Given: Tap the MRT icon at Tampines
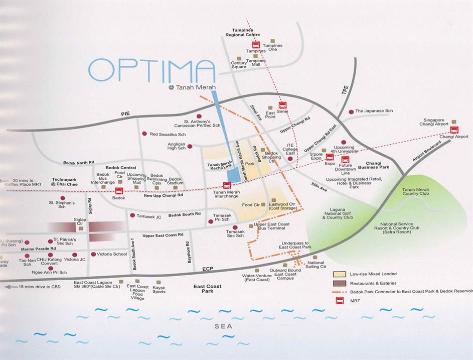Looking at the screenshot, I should tap(256, 45).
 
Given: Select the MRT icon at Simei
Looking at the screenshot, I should tap(282, 106).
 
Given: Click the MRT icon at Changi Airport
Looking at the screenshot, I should tap(454, 130).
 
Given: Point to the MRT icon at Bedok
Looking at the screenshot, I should tap(119, 191).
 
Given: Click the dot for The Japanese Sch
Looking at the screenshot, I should tap(351, 111).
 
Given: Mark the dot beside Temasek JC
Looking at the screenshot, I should tap(132, 215).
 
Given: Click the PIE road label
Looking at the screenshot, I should tap(125, 114).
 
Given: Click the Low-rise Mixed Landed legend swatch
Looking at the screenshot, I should tap(340, 274).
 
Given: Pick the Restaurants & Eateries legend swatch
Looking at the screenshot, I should tap(340, 283).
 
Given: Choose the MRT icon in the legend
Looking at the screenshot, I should tap(340, 301).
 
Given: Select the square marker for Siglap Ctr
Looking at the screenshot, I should tap(80, 228).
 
